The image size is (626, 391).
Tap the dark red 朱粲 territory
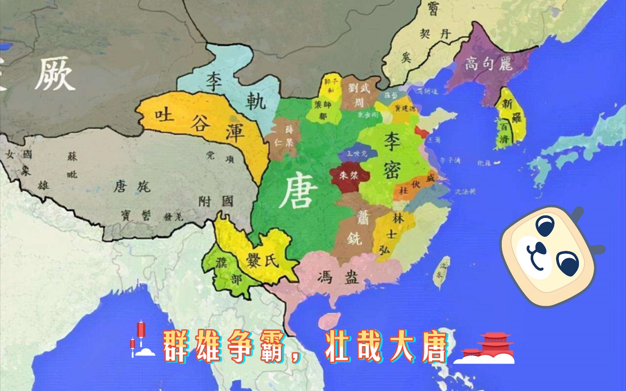[349, 176]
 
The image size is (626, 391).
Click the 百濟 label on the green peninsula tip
[505, 133]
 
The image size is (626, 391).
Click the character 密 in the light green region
[392, 170]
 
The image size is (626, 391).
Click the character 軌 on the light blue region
[256, 101]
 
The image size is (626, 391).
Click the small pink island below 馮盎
[329, 320]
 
